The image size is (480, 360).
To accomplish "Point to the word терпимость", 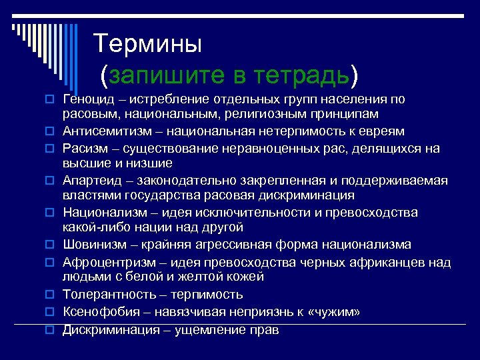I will pyautogui.click(x=207, y=294).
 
